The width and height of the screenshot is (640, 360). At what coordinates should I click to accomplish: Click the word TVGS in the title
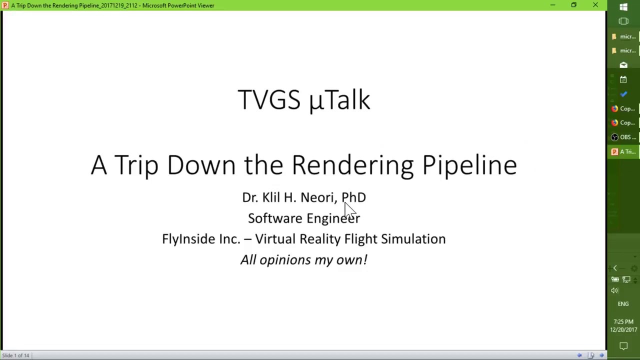tap(269, 99)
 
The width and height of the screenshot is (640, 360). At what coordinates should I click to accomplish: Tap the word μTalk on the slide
tap(339, 99)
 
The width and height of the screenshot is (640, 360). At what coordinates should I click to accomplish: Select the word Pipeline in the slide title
tap(469, 164)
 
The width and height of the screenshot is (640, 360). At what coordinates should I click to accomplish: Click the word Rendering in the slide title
tap(352, 164)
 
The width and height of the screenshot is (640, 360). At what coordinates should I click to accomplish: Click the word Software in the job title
tap(275, 218)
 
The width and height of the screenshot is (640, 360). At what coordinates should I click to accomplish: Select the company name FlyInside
tap(188, 239)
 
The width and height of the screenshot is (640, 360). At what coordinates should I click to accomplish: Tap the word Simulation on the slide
tap(413, 239)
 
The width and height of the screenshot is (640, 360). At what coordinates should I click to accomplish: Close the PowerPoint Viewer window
tap(595, 5)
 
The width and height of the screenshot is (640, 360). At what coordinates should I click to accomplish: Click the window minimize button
tap(552, 5)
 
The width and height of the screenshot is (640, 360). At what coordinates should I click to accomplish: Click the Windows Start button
tap(623, 7)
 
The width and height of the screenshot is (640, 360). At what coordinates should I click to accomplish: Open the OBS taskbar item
tap(623, 137)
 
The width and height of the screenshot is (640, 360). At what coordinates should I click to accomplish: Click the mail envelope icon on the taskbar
tap(623, 65)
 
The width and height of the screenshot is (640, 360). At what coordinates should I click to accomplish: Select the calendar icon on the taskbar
tap(623, 79)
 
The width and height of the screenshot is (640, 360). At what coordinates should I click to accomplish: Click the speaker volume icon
tap(614, 290)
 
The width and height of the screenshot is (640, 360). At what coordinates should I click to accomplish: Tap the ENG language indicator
tap(623, 304)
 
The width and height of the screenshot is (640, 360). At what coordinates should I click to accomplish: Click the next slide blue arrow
tap(601, 355)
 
